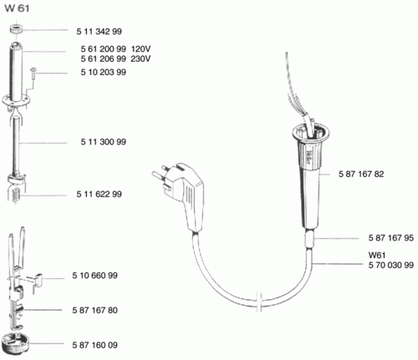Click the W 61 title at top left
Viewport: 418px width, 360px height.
click(17, 8)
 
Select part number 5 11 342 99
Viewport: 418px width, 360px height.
click(99, 32)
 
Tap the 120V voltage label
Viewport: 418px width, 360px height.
click(140, 49)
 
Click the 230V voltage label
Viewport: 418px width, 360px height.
click(140, 59)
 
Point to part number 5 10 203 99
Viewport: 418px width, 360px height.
click(104, 73)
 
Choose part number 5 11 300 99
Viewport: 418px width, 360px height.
click(104, 142)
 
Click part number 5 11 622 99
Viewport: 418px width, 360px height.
click(99, 194)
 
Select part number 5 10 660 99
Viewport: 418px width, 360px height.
click(95, 276)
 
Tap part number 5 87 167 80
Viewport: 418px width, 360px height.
click(95, 310)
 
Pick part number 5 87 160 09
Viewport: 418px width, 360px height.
click(95, 345)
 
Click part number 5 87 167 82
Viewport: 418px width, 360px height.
click(361, 175)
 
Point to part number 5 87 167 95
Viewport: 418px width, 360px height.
click(391, 238)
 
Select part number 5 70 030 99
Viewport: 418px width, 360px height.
click(391, 265)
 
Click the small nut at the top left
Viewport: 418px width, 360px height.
click(16, 29)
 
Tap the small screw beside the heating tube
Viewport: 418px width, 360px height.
click(33, 73)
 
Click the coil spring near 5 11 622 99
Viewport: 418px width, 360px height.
click(16, 195)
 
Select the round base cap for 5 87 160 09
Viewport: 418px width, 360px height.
click(15, 344)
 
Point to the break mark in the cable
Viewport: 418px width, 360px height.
click(259, 302)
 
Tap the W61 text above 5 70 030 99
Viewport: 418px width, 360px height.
click(377, 256)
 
